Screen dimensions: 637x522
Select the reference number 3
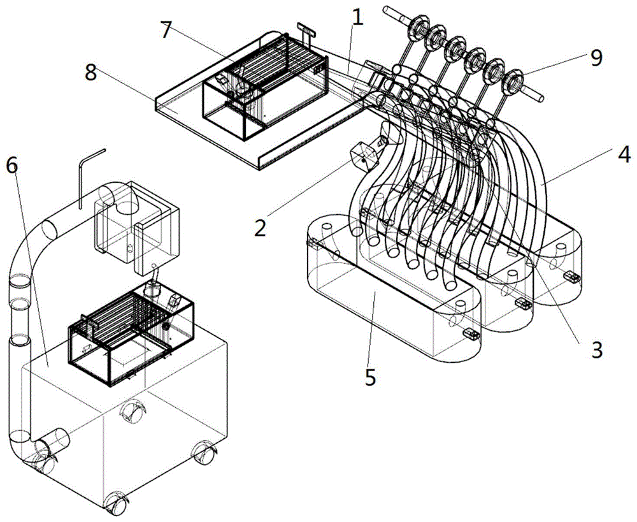click(596, 349)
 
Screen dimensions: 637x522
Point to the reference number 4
click(622, 155)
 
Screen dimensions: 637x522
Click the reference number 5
click(370, 377)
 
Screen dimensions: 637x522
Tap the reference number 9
click(596, 58)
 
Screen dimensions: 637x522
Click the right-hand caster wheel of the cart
click(204, 452)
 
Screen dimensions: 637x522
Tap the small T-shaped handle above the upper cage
click(308, 33)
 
